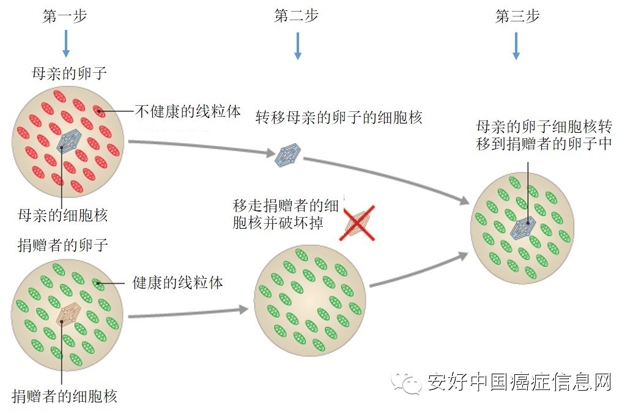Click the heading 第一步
point(65,17)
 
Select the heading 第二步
point(297,17)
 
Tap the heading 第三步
point(517,17)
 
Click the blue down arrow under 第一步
point(66,43)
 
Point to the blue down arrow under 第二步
point(298,46)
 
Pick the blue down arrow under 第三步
point(516,46)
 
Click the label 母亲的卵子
point(69,74)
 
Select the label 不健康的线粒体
point(187,111)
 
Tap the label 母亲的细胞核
point(63,215)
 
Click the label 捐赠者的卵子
point(63,246)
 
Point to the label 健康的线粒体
point(177,283)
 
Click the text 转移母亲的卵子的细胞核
point(339,117)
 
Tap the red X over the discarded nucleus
point(358,223)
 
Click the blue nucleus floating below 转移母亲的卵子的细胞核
point(288,154)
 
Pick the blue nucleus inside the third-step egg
point(523,227)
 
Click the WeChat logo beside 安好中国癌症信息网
point(407,383)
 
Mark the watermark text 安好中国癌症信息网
point(519,383)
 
